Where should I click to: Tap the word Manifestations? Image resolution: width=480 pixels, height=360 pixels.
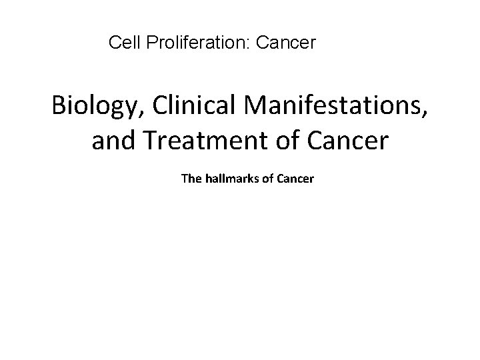click(x=332, y=106)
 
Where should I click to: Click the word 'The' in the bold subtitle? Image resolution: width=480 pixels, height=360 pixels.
click(x=191, y=179)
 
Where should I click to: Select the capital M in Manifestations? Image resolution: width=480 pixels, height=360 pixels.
click(x=251, y=106)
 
